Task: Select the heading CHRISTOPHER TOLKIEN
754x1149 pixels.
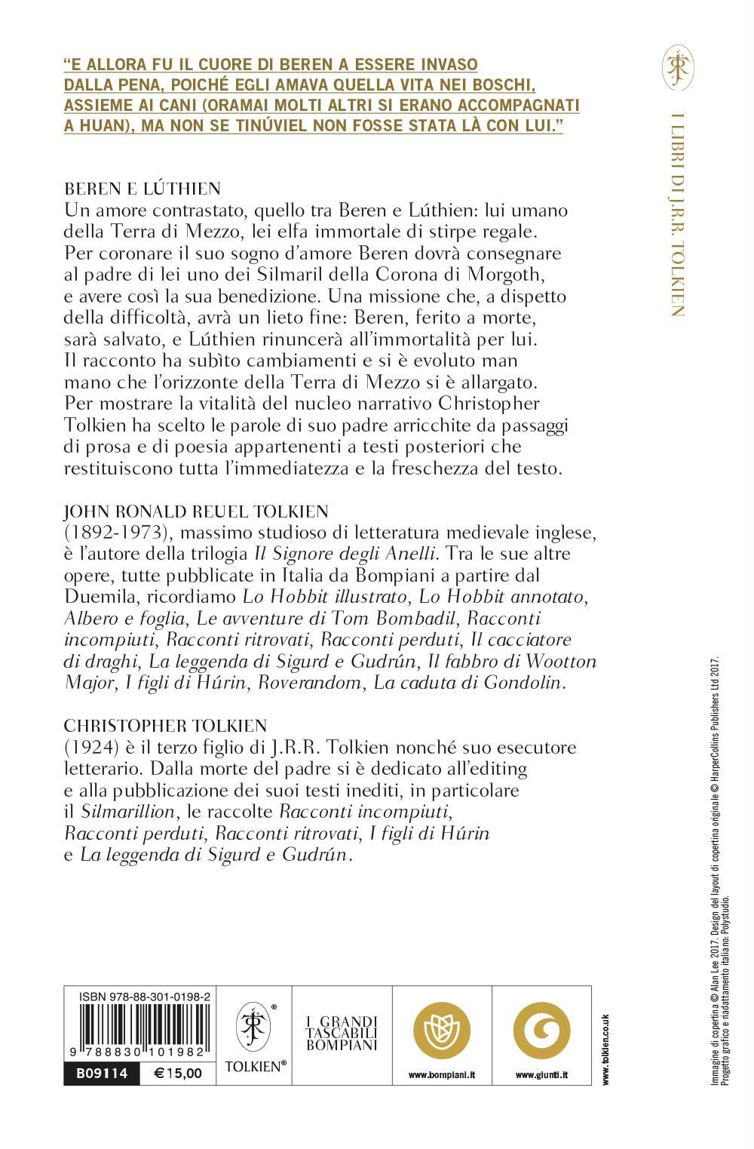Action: coord(165,726)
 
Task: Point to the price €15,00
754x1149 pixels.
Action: coord(177,1073)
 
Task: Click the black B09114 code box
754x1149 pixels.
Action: coord(101,1073)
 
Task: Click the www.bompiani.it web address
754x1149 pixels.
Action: coord(441,1074)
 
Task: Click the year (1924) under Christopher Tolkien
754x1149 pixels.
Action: coord(89,747)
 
